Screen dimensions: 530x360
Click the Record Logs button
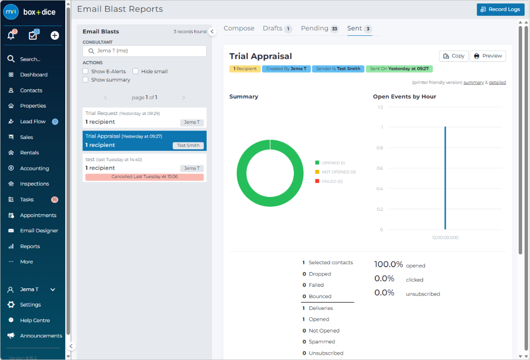click(501, 9)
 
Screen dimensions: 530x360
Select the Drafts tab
click(277, 28)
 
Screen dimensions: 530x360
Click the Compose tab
click(239, 28)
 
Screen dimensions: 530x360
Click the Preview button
click(488, 56)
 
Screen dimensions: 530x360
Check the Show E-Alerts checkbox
click(85, 71)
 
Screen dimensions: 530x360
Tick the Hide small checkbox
click(135, 71)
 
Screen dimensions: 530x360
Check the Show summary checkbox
click(85, 80)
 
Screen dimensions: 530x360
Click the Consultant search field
click(144, 51)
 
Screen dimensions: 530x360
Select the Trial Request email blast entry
click(144, 118)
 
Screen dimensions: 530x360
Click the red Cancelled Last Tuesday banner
click(144, 177)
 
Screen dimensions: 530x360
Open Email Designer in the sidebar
click(39, 231)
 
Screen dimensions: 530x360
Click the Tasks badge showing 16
click(55, 199)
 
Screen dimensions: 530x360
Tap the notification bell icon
click(11, 35)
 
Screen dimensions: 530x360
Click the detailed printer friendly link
click(497, 83)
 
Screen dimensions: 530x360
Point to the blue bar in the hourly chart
click(445, 178)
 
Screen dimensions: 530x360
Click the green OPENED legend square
click(317, 163)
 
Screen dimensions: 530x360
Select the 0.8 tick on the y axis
click(379, 148)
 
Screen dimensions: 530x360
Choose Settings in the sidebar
click(30, 305)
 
